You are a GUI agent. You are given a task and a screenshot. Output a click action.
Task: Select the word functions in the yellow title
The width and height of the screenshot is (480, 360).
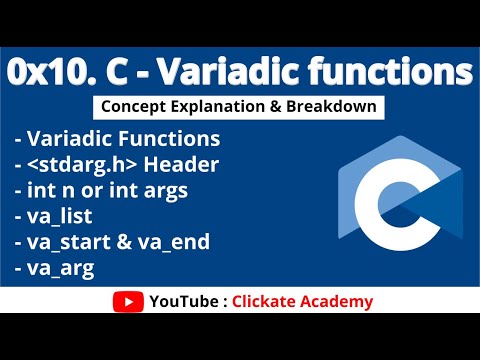tap(398, 73)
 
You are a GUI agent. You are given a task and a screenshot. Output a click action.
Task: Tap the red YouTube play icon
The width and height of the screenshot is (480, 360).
tap(127, 301)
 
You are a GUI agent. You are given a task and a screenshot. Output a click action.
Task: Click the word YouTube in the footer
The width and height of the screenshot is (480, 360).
tap(180, 301)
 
